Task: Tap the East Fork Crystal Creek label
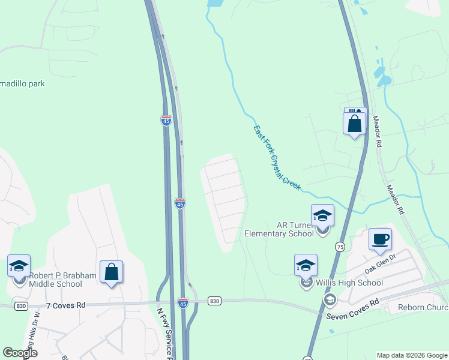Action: tap(276, 158)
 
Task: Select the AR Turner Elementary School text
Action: tap(279, 229)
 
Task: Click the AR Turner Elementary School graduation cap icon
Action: tap(322, 215)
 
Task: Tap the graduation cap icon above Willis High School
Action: tap(306, 265)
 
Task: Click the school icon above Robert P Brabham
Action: tap(19, 266)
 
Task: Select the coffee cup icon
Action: tap(380, 239)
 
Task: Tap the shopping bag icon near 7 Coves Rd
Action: tap(112, 272)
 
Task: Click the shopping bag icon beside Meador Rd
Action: tap(355, 124)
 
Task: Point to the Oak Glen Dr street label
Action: tap(382, 259)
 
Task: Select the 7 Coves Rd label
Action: tap(66, 305)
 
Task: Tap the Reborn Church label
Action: tap(423, 308)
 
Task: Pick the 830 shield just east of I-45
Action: tap(215, 300)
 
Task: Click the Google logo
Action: tap(20, 353)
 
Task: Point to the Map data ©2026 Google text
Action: tap(411, 355)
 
